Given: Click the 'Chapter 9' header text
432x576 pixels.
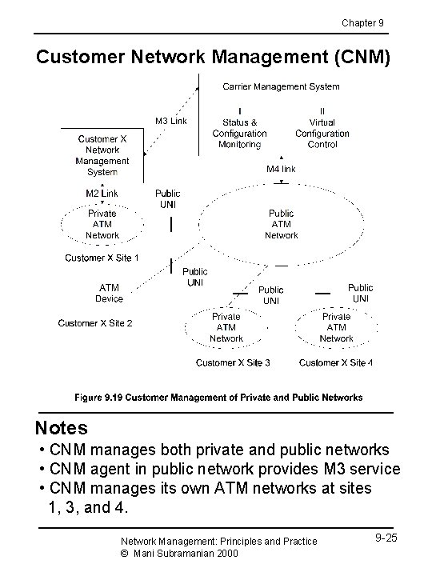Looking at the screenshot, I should click(362, 22).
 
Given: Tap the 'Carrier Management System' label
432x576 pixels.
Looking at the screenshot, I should click(280, 86).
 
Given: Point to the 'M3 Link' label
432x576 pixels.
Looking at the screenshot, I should click(170, 121).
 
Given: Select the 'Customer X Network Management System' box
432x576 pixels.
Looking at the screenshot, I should click(102, 155).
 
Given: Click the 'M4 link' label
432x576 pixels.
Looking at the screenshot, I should click(281, 169).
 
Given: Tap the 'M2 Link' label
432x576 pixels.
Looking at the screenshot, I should click(102, 193).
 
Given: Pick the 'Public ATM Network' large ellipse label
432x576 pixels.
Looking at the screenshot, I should click(281, 224).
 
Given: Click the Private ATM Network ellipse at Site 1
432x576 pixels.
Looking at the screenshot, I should click(102, 224).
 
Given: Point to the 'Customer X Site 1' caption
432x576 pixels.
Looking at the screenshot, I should click(102, 258).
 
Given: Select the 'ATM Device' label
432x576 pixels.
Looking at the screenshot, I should click(110, 293).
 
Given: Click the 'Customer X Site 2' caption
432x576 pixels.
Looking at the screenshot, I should click(95, 323).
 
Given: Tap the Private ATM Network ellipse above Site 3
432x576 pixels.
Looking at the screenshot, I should click(226, 327).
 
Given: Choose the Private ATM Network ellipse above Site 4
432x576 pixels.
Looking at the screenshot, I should click(336, 327).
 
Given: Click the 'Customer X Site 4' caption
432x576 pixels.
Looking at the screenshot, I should click(336, 362).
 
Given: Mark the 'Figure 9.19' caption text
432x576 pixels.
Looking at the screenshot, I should click(218, 397).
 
